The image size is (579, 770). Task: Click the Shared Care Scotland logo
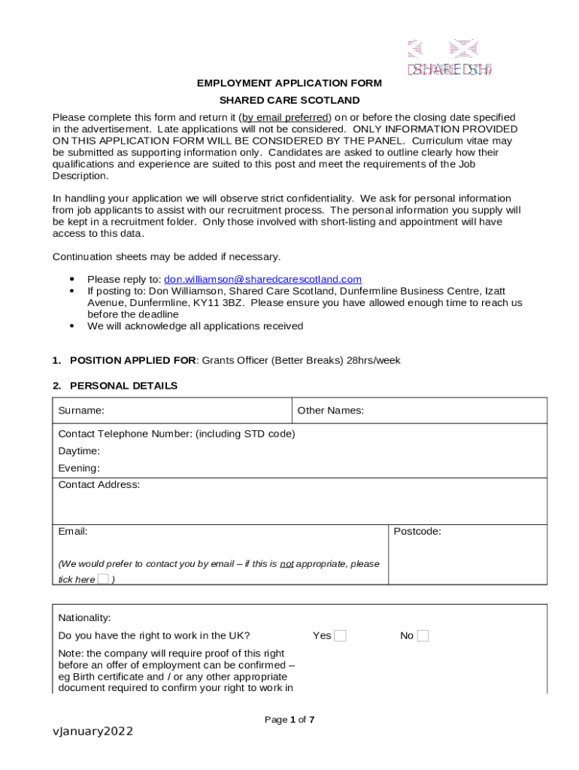click(x=450, y=59)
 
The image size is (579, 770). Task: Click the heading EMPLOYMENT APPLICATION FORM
click(x=289, y=83)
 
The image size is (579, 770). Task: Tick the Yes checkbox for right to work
click(x=340, y=636)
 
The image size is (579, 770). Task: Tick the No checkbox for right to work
click(x=423, y=636)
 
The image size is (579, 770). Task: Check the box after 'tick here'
click(x=104, y=579)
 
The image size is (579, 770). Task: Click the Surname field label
click(x=81, y=411)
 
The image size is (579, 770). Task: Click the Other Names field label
click(x=330, y=411)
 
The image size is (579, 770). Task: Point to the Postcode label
click(x=417, y=532)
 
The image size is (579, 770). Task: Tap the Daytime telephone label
click(x=79, y=451)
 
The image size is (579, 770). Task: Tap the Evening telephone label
click(x=79, y=468)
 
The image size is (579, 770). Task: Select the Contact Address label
click(x=99, y=485)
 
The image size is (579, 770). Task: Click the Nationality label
click(x=84, y=618)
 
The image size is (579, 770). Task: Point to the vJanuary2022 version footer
click(x=92, y=732)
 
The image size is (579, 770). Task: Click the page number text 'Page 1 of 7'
click(x=289, y=720)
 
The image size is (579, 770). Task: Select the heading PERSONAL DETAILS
click(x=123, y=386)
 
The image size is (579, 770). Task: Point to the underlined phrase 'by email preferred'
click(x=285, y=117)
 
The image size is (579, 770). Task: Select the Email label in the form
click(x=73, y=532)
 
